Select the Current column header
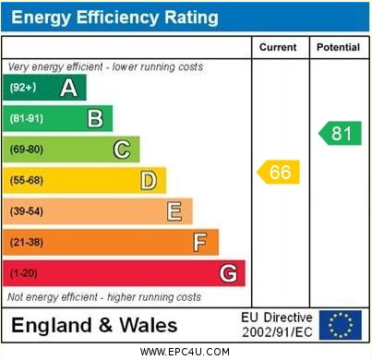[278, 47]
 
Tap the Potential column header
[338, 47]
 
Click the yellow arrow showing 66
[279, 172]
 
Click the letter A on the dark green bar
[68, 88]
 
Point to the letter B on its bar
[94, 118]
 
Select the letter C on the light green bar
[121, 150]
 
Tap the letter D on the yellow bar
[148, 180]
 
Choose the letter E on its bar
[174, 211]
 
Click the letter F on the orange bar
[199, 242]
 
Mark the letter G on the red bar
[227, 273]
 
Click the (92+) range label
[22, 88]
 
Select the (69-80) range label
[26, 150]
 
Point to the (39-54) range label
[26, 211]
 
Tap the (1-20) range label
[23, 273]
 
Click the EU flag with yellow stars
[342, 323]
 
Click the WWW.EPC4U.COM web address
[185, 352]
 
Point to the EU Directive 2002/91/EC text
[277, 323]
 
